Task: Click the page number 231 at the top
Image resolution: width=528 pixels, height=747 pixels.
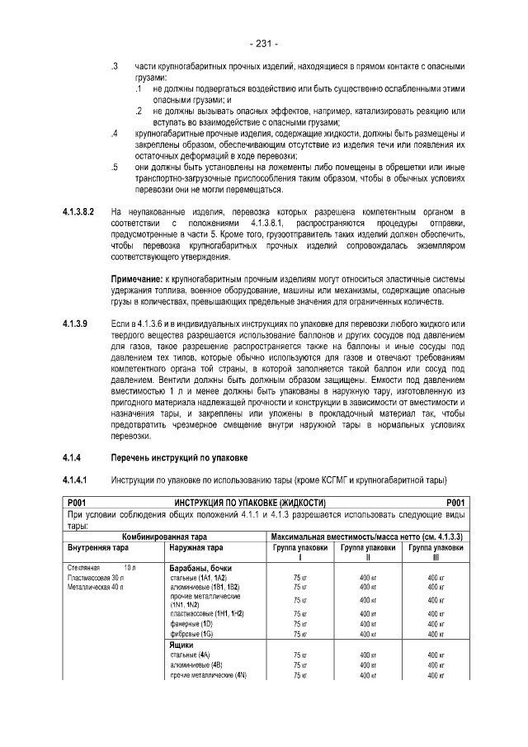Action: pos(263,43)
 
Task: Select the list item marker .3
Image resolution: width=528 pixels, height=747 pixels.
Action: pos(115,64)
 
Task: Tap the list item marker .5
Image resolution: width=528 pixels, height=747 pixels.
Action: pos(115,168)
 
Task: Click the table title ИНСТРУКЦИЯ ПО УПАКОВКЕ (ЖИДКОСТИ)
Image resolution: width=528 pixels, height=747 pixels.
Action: pos(250,502)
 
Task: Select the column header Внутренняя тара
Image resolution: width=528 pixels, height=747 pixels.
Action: pos(96,547)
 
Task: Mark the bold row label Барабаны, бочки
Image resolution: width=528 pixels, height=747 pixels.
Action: pos(200,569)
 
